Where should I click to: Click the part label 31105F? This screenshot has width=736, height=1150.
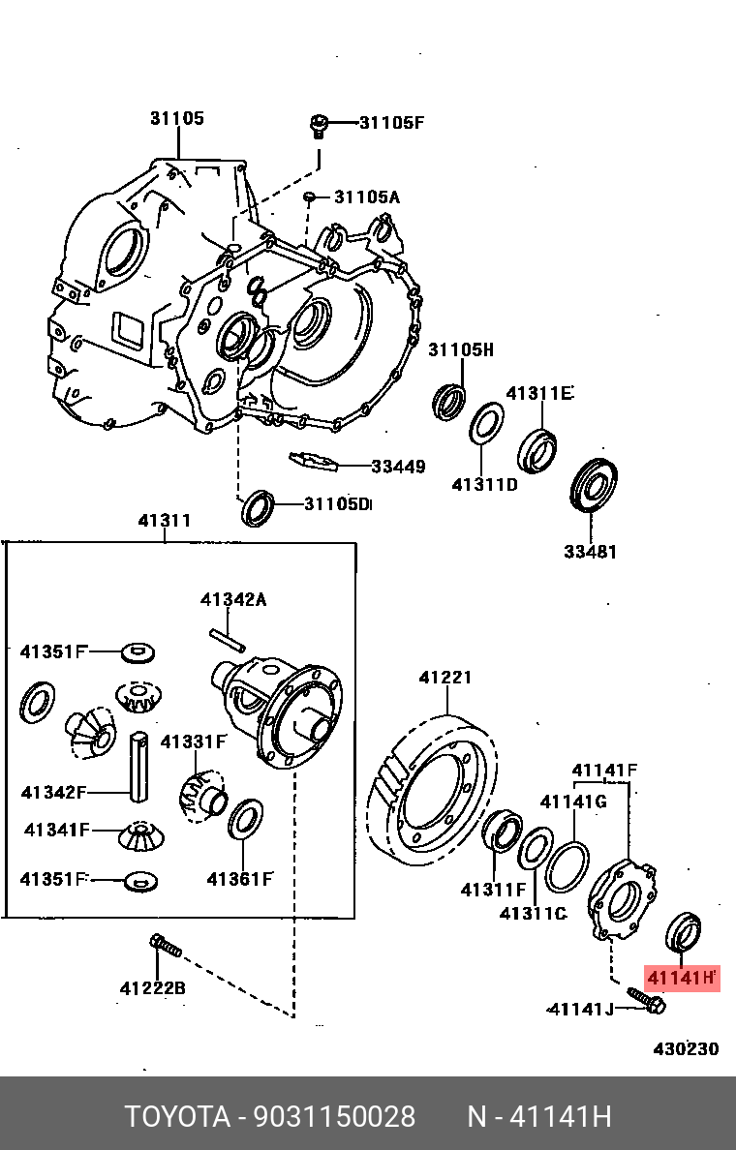(x=392, y=122)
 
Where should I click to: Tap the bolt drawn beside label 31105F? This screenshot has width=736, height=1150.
(x=318, y=125)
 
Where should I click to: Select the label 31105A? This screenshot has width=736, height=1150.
(x=367, y=197)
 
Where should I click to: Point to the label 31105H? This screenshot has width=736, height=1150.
(x=462, y=349)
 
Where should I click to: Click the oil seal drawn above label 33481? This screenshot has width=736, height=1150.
(x=594, y=485)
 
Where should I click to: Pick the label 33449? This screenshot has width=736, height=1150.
(x=398, y=467)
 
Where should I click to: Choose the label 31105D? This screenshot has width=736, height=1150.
(x=338, y=503)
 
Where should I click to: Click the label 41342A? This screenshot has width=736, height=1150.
(x=233, y=599)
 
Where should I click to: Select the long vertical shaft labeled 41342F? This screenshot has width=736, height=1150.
(x=139, y=765)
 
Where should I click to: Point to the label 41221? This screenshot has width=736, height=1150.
(x=445, y=678)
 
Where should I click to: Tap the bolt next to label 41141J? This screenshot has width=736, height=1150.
(x=645, y=1001)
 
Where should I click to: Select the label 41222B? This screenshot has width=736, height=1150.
(x=153, y=988)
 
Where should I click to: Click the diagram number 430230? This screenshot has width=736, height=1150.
(x=686, y=1048)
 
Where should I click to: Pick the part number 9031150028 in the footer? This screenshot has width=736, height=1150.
(x=334, y=1116)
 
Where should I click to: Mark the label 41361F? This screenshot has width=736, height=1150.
(x=239, y=879)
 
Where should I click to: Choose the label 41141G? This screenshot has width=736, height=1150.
(x=573, y=801)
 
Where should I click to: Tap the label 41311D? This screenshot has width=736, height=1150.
(x=484, y=484)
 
